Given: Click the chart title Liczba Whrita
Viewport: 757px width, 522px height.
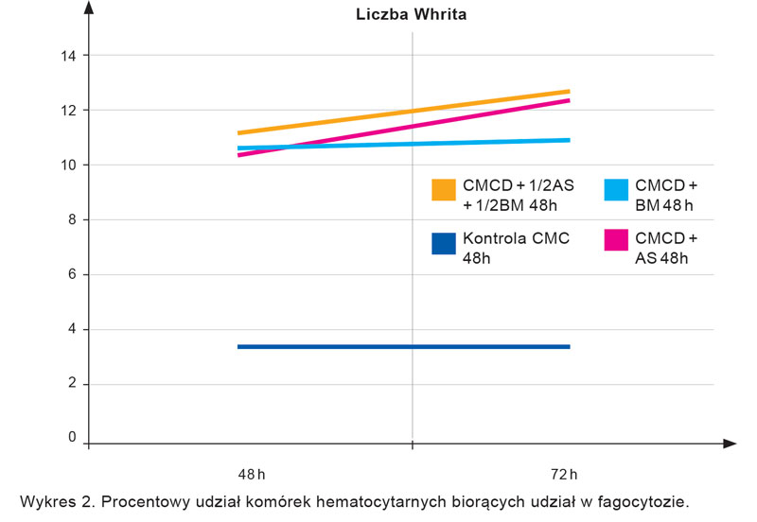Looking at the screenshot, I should pos(411,14).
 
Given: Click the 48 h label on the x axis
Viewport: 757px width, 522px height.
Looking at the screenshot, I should pos(249,473).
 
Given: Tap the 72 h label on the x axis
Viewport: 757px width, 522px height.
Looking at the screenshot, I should pos(564,473).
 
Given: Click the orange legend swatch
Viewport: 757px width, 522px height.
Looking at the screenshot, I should pos(443,189).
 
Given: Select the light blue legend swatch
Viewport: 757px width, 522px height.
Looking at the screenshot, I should pos(616,189).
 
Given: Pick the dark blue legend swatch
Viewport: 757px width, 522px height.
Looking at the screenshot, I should pos(443,243).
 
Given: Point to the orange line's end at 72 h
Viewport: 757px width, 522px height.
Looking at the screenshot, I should pos(569,92).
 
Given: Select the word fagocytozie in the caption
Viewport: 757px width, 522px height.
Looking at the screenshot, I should pos(643,500).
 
